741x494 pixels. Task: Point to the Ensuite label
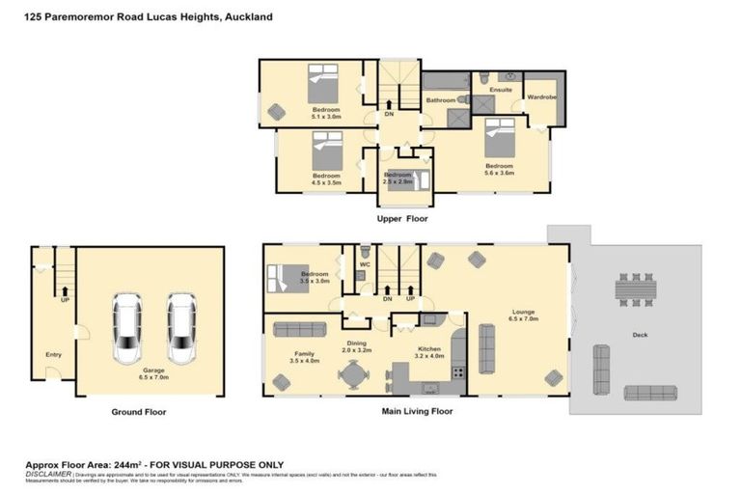click(500, 90)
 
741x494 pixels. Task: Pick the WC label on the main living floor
click(365, 263)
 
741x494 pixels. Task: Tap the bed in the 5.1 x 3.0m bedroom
click(323, 84)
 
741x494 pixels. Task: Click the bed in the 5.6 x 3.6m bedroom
click(499, 138)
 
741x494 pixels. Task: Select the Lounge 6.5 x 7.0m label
click(524, 315)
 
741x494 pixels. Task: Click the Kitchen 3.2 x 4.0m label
click(429, 352)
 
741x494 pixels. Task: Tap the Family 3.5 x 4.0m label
click(304, 358)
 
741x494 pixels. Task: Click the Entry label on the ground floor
click(53, 355)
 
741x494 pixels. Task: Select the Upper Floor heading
click(401, 219)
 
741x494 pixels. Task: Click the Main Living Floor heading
click(413, 411)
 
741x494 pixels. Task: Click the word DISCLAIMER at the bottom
click(47, 474)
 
